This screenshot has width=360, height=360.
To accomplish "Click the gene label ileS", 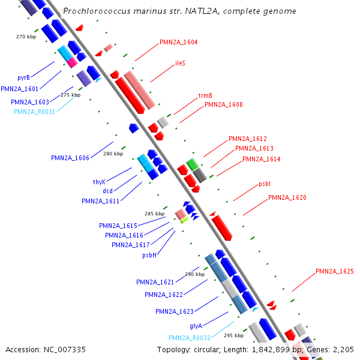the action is (180, 63).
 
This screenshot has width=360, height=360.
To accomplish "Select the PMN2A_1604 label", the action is (178, 42).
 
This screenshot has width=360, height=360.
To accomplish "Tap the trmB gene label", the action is (205, 95).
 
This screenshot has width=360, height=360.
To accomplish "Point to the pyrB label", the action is (23, 77).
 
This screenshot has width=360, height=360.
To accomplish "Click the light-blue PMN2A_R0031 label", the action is (34, 112).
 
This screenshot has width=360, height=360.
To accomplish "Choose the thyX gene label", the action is (99, 182).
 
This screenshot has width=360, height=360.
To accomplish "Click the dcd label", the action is (107, 191).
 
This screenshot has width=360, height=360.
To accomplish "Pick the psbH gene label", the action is (149, 255).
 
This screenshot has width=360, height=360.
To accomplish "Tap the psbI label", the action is (265, 184).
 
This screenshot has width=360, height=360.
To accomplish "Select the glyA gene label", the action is (196, 326).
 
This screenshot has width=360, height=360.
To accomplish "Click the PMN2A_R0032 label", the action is (190, 338).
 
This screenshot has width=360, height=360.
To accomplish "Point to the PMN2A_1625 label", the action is (335, 271).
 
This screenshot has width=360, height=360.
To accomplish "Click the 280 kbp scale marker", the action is (113, 154).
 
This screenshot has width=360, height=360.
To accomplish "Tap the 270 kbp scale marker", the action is (26, 37).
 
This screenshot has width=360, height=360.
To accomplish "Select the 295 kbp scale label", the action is (234, 335).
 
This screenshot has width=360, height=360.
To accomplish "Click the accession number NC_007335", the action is (65, 350).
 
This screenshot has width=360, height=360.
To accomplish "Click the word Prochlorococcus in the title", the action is (97, 11).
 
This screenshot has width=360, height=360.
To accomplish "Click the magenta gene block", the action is (73, 62).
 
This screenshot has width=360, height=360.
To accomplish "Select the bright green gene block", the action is (192, 164).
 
